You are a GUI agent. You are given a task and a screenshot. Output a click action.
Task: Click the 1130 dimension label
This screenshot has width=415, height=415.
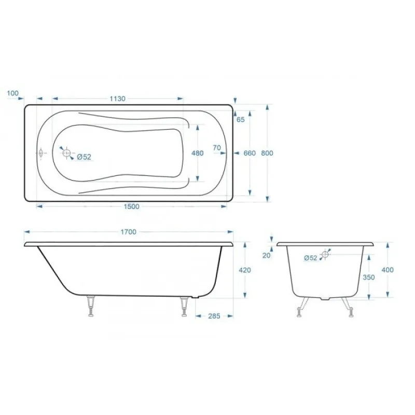click(x=118, y=99)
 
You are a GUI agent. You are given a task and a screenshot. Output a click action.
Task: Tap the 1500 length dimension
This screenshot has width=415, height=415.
click(x=132, y=206)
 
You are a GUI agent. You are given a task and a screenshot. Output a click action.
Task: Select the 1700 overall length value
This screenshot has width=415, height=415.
click(x=128, y=232)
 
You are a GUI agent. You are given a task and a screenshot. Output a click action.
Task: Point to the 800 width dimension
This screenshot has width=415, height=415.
click(x=267, y=153)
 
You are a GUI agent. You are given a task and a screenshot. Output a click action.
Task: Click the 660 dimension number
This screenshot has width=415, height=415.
click(x=250, y=153)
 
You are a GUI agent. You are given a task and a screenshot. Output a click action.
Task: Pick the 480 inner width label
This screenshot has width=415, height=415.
click(x=198, y=153)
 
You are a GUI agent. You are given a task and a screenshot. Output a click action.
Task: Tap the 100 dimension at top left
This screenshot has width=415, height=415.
click(x=12, y=93)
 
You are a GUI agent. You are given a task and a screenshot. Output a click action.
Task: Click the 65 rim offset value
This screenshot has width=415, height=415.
click(x=241, y=120)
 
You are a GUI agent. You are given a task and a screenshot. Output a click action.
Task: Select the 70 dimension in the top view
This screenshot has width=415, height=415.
click(x=217, y=148)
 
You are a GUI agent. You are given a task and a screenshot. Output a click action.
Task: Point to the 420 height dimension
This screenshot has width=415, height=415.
click(x=245, y=270)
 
